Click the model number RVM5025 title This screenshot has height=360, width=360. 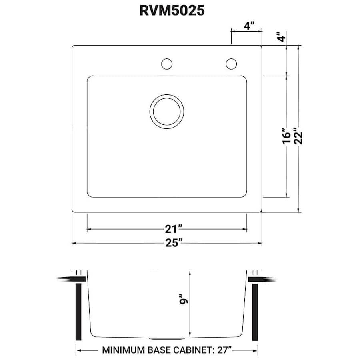pos(172,11)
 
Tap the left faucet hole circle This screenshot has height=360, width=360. pos(166,64)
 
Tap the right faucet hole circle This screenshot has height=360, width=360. pos(231,64)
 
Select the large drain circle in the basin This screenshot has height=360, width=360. pos(167,112)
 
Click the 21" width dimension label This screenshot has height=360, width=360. pos(174,229)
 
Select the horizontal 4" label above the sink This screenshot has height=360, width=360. pos(249,26)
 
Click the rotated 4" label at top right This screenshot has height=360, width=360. pos(282,37)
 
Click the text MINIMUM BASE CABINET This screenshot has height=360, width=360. pos(156,350)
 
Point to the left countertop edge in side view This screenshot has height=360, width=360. pos(66,279)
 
